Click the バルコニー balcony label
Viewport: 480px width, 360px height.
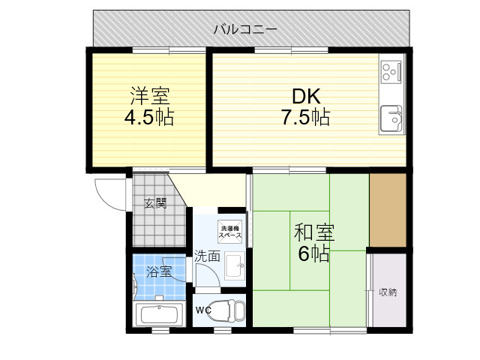(245, 30)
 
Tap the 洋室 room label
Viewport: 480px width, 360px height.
(150, 96)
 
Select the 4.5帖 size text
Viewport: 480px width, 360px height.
(149, 117)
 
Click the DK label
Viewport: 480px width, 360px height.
(307, 96)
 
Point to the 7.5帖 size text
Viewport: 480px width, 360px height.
(305, 117)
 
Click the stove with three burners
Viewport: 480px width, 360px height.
(391, 72)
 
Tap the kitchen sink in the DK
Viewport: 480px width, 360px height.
(391, 118)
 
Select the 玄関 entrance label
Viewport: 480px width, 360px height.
(155, 203)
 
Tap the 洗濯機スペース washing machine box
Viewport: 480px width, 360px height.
(229, 232)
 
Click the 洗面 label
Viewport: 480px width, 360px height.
(207, 256)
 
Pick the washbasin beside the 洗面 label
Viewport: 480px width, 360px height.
(235, 265)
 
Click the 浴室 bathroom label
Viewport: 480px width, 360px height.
(159, 271)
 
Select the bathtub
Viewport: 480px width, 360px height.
(159, 314)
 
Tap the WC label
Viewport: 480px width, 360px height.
(203, 310)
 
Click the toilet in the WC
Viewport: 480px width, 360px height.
(228, 310)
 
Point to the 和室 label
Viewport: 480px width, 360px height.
(314, 232)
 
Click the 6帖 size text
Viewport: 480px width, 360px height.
(313, 253)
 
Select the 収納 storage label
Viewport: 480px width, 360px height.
(388, 292)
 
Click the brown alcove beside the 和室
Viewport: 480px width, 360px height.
(388, 210)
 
